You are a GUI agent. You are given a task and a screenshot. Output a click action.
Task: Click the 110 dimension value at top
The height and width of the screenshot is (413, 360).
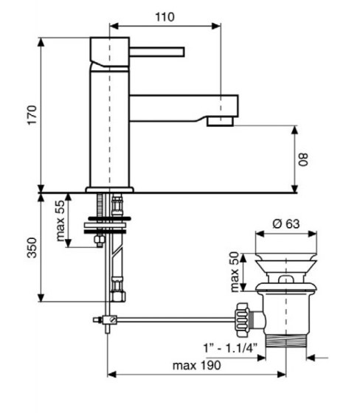tap(170, 15)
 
